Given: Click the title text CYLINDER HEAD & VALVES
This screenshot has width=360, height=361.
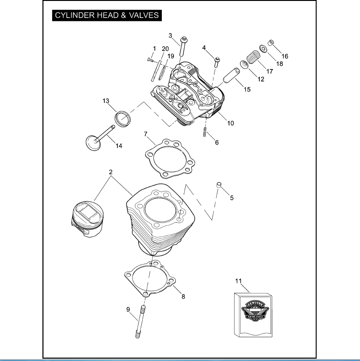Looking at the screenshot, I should (x=107, y=15).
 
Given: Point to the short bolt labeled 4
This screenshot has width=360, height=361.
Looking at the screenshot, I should (x=217, y=61).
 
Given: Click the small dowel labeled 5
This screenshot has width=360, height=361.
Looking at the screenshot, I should (x=218, y=186).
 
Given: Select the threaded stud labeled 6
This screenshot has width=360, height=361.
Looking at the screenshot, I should (x=205, y=132).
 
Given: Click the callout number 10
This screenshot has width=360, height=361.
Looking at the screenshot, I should (x=230, y=123).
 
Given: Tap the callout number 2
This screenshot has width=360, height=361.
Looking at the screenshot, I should (x=111, y=172).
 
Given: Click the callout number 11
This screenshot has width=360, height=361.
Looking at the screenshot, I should (x=239, y=281).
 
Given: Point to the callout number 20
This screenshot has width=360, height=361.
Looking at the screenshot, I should (x=165, y=49).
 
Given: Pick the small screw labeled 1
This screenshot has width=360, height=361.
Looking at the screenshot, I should (x=150, y=59).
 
